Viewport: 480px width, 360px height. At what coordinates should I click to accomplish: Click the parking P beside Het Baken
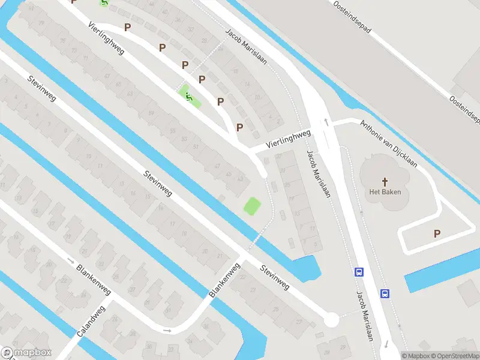pos(437,234)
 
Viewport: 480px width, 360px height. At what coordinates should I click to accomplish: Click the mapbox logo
pos(26,353)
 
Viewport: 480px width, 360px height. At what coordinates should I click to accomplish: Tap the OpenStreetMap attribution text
pos(455,356)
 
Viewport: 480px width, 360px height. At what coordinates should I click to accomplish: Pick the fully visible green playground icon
pos(190,95)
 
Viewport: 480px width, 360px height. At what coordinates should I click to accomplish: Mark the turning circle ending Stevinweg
pos(331,319)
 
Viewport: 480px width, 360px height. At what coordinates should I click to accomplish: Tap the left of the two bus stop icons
pos(359,272)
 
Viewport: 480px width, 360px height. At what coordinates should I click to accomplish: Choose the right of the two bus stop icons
pos(385,293)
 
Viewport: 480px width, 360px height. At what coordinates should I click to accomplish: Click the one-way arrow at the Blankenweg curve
pos(167,330)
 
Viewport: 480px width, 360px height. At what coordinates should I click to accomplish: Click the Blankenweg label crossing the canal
pos(224,280)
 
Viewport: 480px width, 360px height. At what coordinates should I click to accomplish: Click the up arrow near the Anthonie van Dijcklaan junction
pos(326,122)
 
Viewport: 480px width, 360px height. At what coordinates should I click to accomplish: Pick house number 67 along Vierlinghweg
pos(106,76)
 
